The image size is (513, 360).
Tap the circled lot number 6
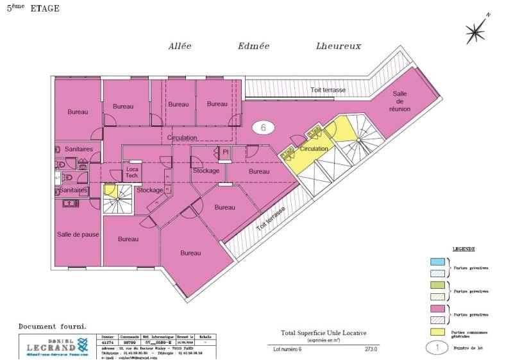(263, 127)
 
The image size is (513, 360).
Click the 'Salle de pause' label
(78, 234)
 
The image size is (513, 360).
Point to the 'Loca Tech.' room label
(132, 172)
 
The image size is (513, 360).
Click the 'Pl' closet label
(225, 152)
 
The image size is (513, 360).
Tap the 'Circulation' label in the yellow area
(314, 149)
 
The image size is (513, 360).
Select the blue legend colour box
(437, 261)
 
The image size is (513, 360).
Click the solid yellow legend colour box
(437, 332)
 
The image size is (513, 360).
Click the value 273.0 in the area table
(371, 349)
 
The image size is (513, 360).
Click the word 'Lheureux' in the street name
(338, 46)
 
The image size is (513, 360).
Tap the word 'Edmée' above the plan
(253, 46)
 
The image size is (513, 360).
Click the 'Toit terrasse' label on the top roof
(328, 90)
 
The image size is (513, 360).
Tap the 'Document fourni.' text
(52, 326)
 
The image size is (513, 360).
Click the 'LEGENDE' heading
(464, 248)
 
